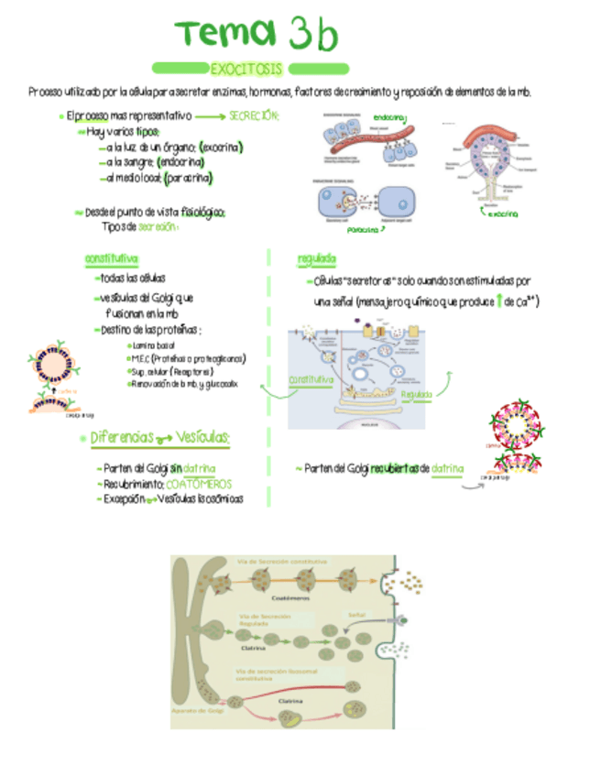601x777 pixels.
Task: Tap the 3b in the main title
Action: point(312,35)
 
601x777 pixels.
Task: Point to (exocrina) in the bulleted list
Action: point(221,148)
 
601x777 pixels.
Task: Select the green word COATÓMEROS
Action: point(199,484)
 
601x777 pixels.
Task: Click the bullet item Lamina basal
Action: point(154,345)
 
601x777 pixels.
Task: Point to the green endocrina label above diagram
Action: point(390,116)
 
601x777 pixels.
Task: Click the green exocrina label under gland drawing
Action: point(502,214)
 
